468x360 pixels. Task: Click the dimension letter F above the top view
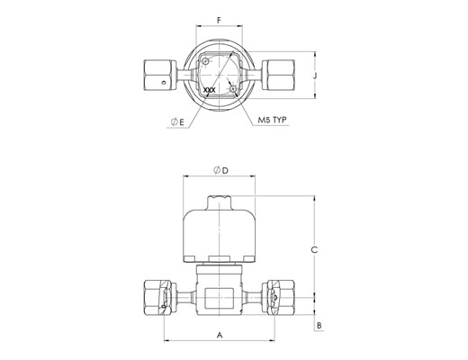(219, 21)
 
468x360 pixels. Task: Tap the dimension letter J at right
(315, 76)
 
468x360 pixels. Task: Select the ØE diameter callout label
(177, 121)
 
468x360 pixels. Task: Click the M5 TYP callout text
(273, 120)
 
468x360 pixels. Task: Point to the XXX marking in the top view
(210, 90)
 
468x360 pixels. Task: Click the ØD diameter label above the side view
(220, 170)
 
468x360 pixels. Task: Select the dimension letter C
(314, 249)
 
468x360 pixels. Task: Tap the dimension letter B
(319, 326)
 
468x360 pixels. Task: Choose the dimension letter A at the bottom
(220, 335)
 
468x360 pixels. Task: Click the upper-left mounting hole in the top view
(205, 61)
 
